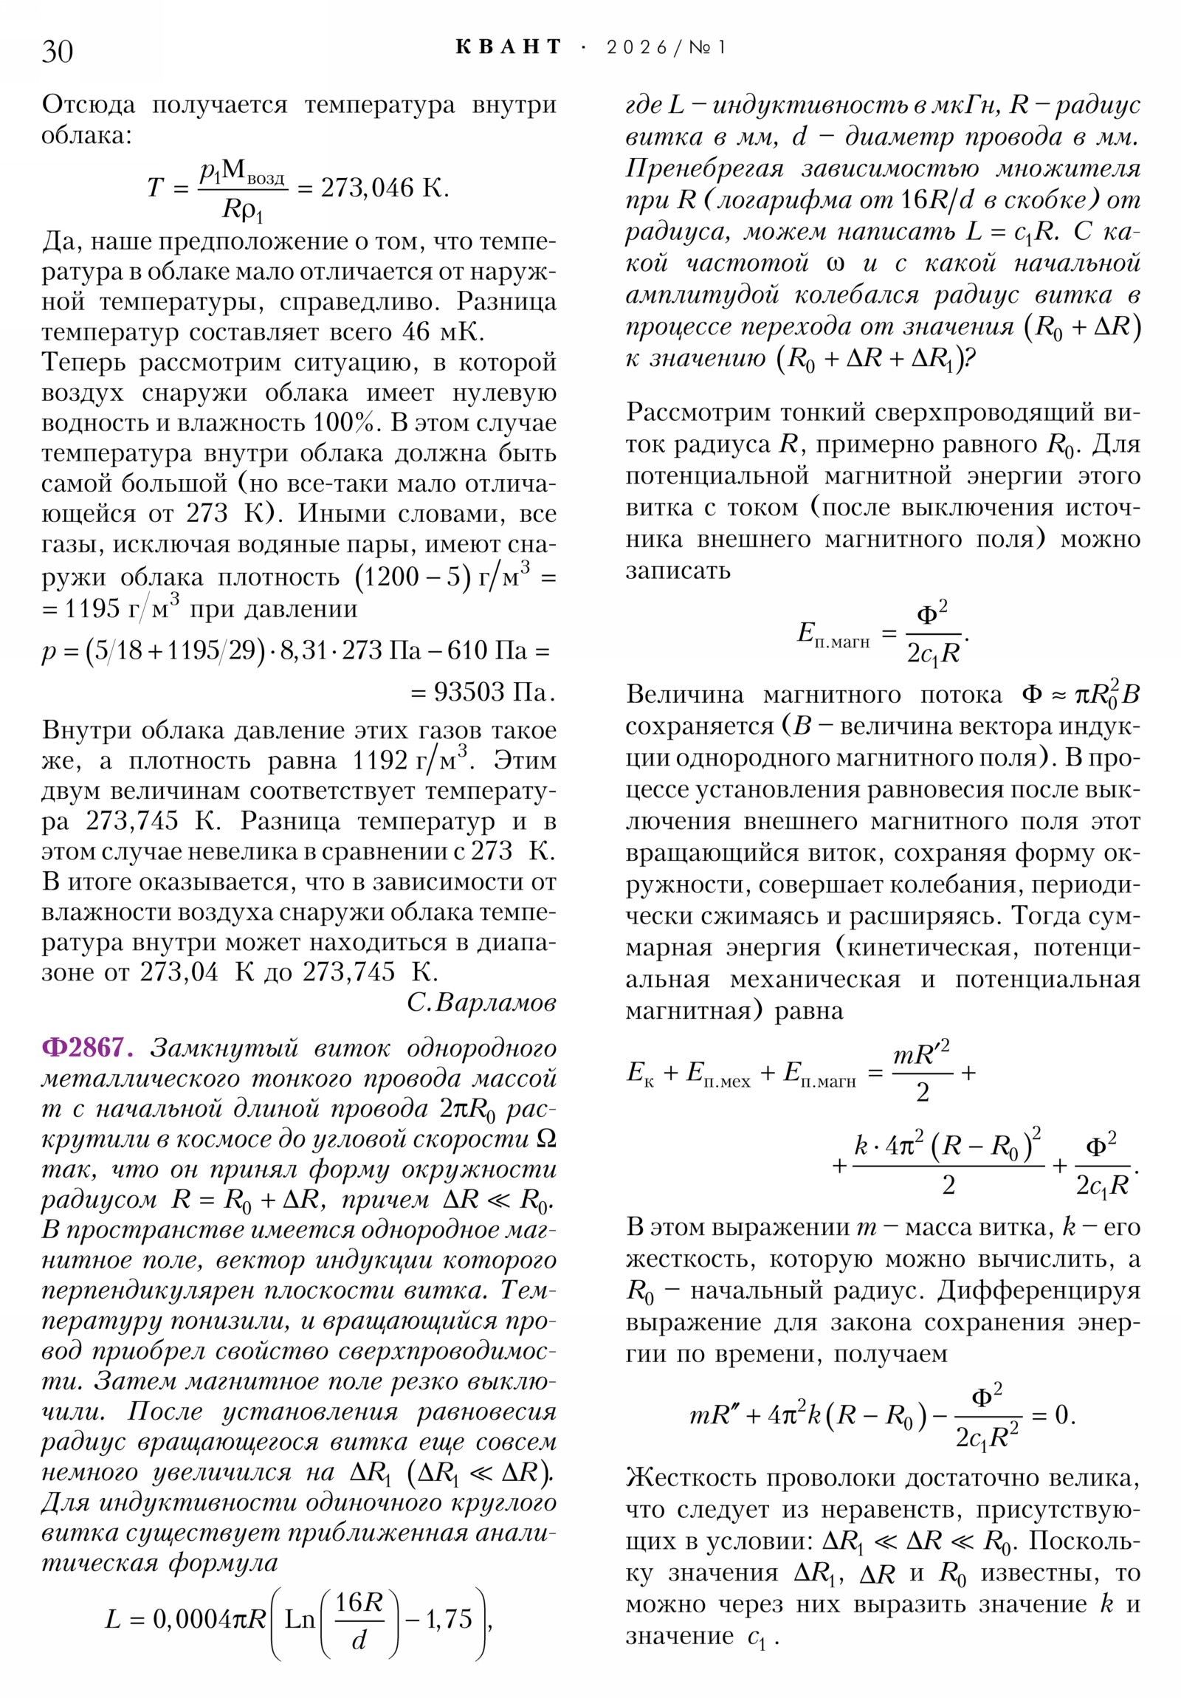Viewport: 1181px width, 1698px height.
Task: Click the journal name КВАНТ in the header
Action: [509, 47]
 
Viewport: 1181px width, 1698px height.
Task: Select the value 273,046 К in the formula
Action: [385, 188]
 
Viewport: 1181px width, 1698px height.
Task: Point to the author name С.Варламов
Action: [481, 1003]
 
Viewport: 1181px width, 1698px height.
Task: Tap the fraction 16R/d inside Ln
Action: [359, 1620]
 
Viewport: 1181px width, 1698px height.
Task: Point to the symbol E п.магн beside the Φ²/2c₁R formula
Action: [833, 634]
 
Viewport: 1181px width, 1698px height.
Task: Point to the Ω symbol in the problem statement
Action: [545, 1139]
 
